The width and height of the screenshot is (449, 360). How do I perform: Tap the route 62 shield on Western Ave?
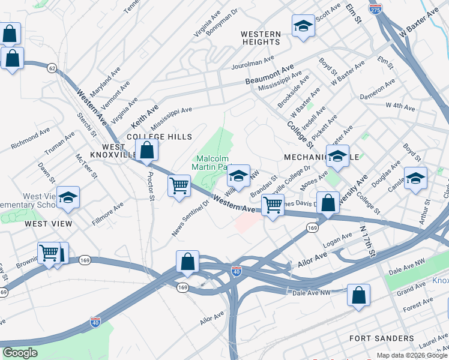(x=53, y=68)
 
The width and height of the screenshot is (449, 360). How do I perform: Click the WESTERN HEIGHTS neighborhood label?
(x=261, y=38)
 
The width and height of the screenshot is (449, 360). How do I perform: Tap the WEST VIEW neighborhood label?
(x=49, y=224)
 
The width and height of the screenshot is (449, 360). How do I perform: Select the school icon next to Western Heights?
(x=304, y=26)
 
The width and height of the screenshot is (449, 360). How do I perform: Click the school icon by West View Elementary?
(x=68, y=198)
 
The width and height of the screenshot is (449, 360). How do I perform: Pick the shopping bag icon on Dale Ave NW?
(x=358, y=295)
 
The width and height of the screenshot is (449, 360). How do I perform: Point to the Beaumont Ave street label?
(x=270, y=74)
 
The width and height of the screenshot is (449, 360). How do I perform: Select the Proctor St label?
(x=151, y=188)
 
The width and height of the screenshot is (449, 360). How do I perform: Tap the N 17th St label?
(x=366, y=239)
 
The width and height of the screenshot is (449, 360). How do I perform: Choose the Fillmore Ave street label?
(x=109, y=208)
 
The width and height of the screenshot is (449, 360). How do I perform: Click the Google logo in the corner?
(x=20, y=353)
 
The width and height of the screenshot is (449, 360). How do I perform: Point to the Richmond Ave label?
(x=31, y=139)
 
